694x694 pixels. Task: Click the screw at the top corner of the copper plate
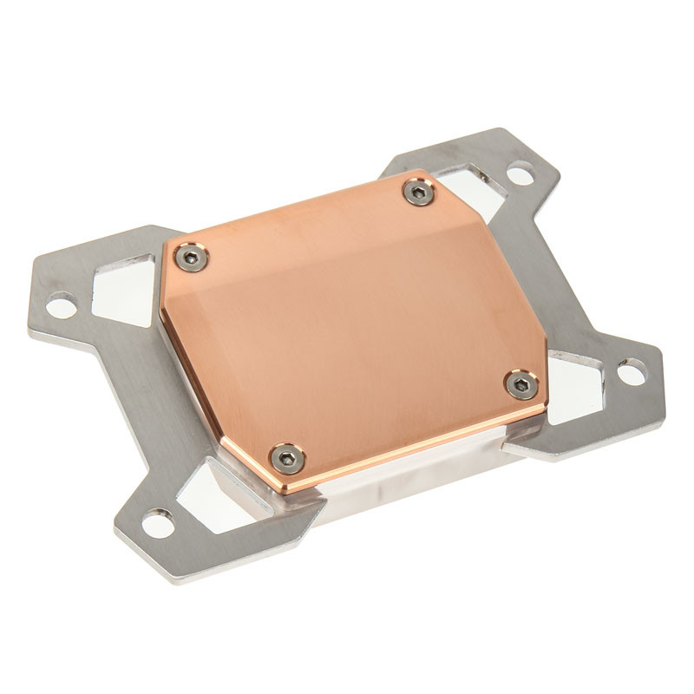pyautogui.click(x=419, y=193)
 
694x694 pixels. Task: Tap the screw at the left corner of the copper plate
pyautogui.click(x=191, y=257)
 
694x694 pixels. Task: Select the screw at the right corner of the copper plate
pyautogui.click(x=521, y=384)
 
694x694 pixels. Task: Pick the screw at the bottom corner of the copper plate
pyautogui.click(x=287, y=457)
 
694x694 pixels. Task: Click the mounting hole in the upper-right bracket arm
pyautogui.click(x=520, y=174)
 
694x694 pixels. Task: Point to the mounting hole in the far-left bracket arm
pyautogui.click(x=61, y=305)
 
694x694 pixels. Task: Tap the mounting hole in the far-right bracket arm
pyautogui.click(x=631, y=372)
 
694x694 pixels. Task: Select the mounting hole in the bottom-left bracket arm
pyautogui.click(x=157, y=523)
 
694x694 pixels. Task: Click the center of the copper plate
pyautogui.click(x=356, y=325)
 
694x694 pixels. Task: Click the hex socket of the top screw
pyautogui.click(x=419, y=193)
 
